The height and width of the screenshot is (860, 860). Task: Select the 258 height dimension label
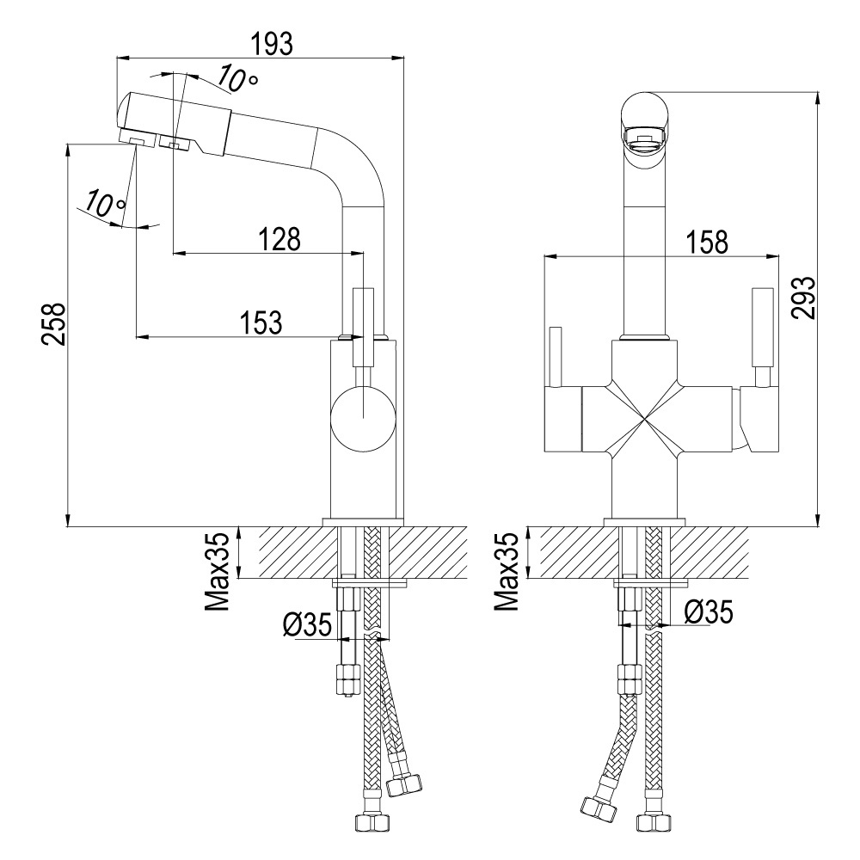coord(54,323)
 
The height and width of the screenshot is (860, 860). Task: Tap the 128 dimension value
coord(279,239)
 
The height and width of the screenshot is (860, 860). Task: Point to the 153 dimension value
coord(261,322)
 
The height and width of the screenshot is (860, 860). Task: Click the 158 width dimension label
coord(706,242)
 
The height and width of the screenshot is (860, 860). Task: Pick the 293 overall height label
coord(803,298)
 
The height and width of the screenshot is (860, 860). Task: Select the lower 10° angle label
coord(105,203)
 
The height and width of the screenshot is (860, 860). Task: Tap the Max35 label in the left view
coord(217,573)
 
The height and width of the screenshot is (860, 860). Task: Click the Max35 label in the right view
coord(507,572)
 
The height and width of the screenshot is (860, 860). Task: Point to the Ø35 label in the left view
coord(307,624)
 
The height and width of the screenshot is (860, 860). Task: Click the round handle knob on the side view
coord(363,418)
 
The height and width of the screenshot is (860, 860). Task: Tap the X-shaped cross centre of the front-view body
coord(642,421)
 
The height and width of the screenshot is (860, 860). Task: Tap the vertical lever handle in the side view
coord(363,327)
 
